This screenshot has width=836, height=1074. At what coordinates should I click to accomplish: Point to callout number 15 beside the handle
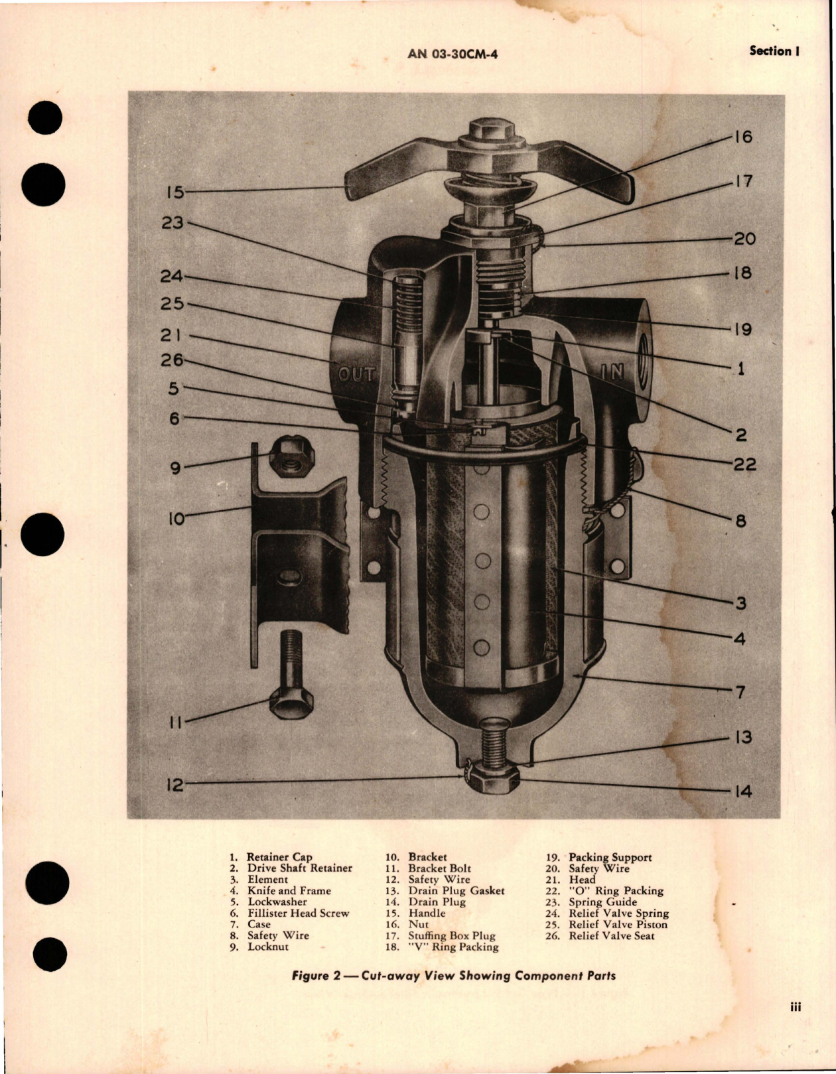(174, 192)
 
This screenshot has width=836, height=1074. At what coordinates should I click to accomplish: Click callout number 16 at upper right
(743, 137)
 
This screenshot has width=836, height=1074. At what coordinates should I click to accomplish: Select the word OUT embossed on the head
(357, 375)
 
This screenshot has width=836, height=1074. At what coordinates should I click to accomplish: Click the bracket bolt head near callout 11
(291, 705)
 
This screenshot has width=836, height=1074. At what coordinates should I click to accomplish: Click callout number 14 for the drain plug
(743, 791)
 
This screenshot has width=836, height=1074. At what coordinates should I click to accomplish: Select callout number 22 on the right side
(744, 464)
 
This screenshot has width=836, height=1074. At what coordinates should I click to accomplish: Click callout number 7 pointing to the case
(740, 693)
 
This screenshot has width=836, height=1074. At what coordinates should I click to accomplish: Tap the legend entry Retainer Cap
(279, 857)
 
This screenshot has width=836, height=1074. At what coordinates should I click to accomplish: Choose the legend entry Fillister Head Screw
(298, 913)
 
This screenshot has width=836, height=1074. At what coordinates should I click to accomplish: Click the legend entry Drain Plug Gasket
(456, 891)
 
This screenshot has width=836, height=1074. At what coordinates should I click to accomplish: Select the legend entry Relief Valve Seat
(611, 936)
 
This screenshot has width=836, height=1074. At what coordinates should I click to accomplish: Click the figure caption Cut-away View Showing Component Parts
(453, 976)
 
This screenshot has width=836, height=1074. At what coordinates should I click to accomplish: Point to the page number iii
(795, 1007)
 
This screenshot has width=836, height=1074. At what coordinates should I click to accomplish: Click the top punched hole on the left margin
(46, 118)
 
